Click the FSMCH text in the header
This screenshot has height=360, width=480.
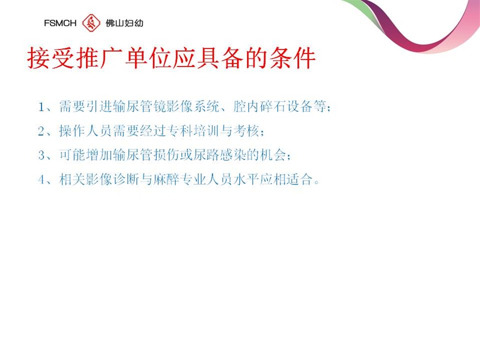click(60, 23)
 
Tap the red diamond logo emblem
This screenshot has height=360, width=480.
click(91, 23)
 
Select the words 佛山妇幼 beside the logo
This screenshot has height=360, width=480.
click(124, 23)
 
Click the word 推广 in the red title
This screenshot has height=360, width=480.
click(88, 58)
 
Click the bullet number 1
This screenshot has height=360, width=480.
click(41, 107)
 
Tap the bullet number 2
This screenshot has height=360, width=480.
click(41, 131)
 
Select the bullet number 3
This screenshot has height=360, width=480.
click(41, 155)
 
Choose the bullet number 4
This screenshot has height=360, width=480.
click(41, 179)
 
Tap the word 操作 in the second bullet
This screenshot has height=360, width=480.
click(72, 131)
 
